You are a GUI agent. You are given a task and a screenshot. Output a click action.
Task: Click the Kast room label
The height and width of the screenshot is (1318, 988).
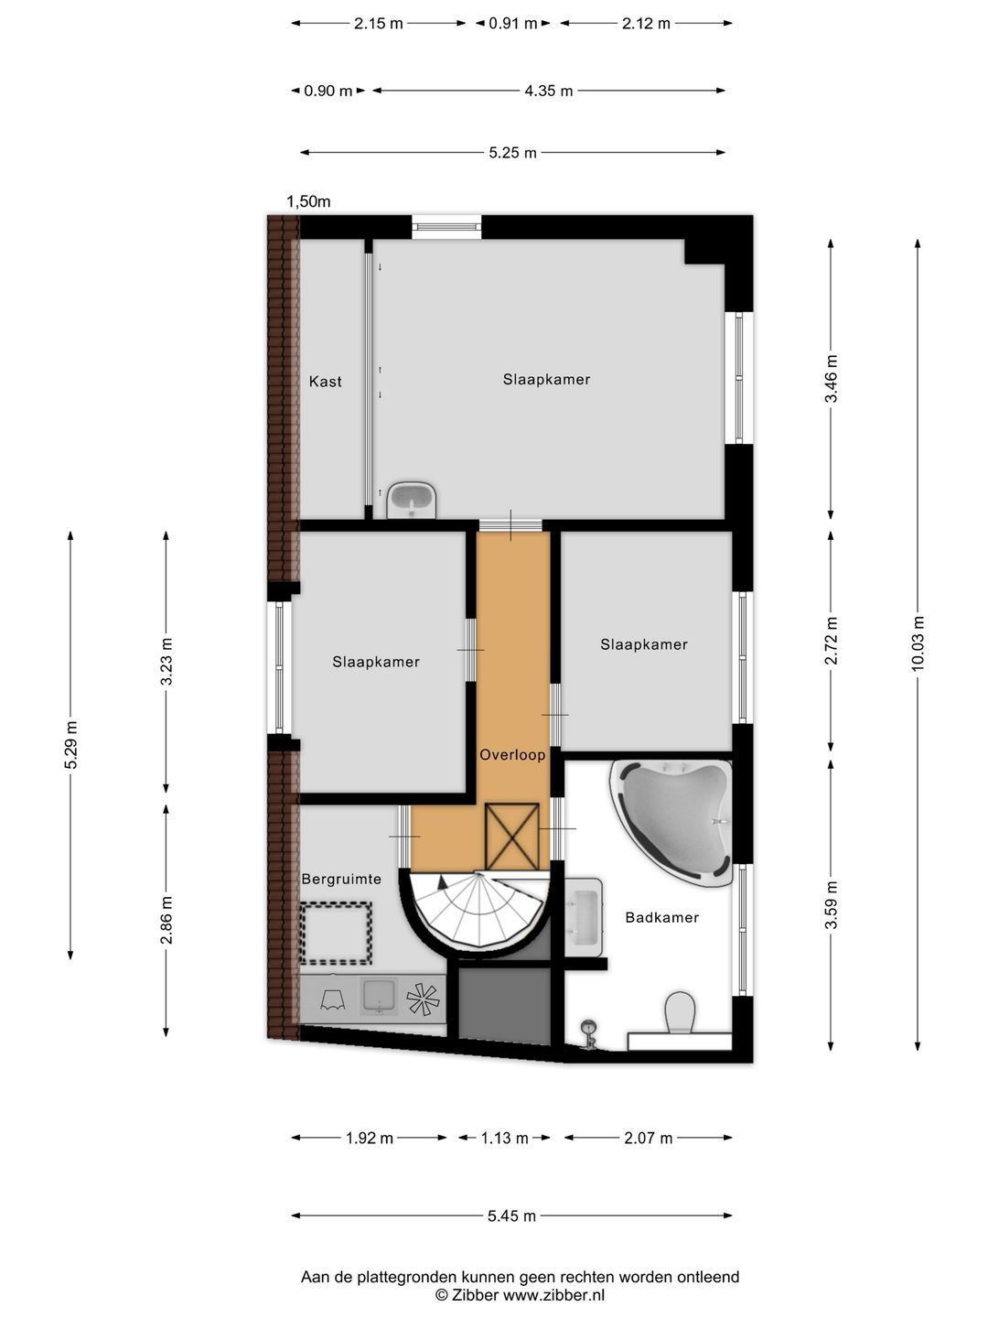pyautogui.click(x=325, y=382)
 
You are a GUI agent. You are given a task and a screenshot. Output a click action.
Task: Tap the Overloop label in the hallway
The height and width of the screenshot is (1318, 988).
pyautogui.click(x=512, y=755)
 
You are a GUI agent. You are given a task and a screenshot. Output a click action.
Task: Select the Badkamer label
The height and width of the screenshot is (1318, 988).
pyautogui.click(x=661, y=917)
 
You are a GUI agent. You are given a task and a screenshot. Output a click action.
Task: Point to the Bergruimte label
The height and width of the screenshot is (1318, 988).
pyautogui.click(x=341, y=879)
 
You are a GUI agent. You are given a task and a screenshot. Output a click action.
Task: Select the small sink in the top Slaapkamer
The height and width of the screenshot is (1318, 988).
pyautogui.click(x=412, y=499)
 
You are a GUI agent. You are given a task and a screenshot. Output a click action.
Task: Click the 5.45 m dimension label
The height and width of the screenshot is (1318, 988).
pyautogui.click(x=511, y=1215)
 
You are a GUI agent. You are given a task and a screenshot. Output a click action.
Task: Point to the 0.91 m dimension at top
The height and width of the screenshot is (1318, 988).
pyautogui.click(x=513, y=24)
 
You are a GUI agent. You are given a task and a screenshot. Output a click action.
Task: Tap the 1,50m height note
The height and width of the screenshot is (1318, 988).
pyautogui.click(x=308, y=201)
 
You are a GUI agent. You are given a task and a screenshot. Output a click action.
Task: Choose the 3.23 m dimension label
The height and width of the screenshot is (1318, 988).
pyautogui.click(x=166, y=661)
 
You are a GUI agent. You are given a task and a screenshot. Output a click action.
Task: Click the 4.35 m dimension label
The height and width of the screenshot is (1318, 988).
pyautogui.click(x=549, y=91)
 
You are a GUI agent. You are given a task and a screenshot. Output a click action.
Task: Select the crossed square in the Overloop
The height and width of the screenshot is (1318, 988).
pyautogui.click(x=511, y=837)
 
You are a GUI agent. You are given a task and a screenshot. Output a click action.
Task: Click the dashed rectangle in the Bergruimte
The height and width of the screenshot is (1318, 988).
pyautogui.click(x=336, y=933)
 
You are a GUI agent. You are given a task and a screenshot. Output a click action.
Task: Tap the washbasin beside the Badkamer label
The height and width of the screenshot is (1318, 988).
pyautogui.click(x=583, y=917)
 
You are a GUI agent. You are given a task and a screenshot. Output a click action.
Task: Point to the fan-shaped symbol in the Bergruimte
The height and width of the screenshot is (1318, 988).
pyautogui.click(x=423, y=998)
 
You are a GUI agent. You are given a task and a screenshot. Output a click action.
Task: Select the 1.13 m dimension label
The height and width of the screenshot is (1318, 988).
pyautogui.click(x=504, y=1138)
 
